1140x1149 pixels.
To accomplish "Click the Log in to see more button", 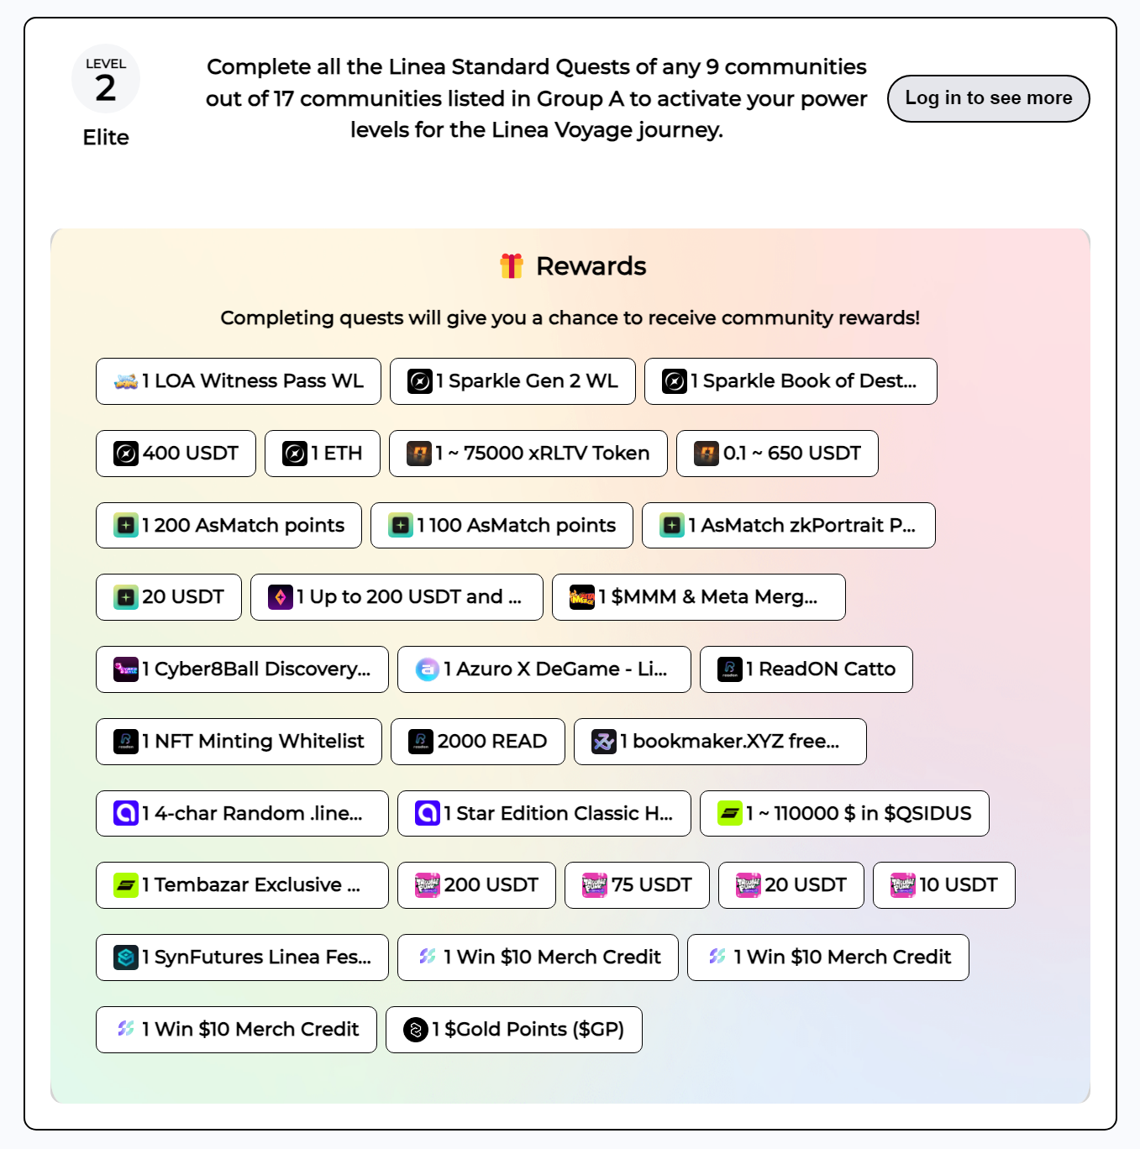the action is (988, 98).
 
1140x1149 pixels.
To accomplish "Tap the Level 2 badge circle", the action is (106, 79).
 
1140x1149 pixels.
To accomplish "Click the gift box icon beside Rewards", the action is (512, 266).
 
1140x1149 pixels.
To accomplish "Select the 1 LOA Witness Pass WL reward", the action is (238, 381).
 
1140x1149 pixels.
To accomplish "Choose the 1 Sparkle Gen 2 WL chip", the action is (512, 381).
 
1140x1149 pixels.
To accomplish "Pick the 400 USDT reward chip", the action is (176, 454).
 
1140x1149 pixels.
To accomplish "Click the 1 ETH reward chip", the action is (322, 454).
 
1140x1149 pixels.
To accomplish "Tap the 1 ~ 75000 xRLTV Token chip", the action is (528, 454).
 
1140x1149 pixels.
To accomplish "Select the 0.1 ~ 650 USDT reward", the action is (777, 454).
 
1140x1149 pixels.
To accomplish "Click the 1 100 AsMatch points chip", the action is (502, 525).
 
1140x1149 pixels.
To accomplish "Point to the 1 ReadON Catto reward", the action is (806, 669).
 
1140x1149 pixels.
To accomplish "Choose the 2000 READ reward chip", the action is (478, 741).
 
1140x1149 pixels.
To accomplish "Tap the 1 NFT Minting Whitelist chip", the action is (239, 741).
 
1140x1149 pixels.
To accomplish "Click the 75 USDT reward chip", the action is (637, 885).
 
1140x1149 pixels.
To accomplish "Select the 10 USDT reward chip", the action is (943, 885).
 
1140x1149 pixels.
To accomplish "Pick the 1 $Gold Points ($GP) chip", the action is (514, 1029).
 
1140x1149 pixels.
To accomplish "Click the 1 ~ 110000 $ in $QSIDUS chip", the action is (844, 813).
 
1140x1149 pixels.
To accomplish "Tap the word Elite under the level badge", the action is (106, 137).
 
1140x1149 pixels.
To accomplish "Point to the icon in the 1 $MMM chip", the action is (581, 597).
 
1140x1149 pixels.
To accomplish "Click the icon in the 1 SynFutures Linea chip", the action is (126, 957).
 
